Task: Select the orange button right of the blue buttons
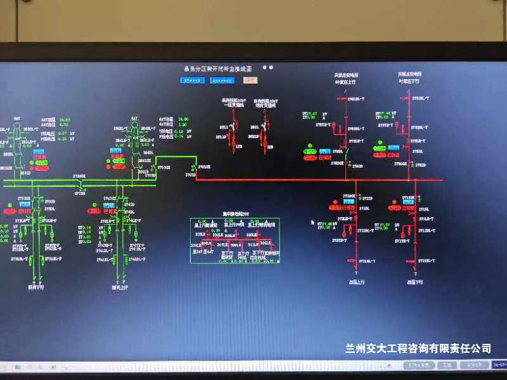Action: (250, 80)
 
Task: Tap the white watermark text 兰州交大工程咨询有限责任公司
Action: (418, 348)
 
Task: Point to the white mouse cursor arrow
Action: (312, 222)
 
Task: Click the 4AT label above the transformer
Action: (134, 118)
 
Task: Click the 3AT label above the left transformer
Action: (17, 118)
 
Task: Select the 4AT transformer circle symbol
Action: (134, 127)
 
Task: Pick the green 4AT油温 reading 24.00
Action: (183, 119)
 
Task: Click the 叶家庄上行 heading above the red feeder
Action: (346, 82)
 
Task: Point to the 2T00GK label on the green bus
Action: (79, 175)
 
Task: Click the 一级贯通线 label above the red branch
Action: (233, 104)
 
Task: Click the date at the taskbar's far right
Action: (499, 365)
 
